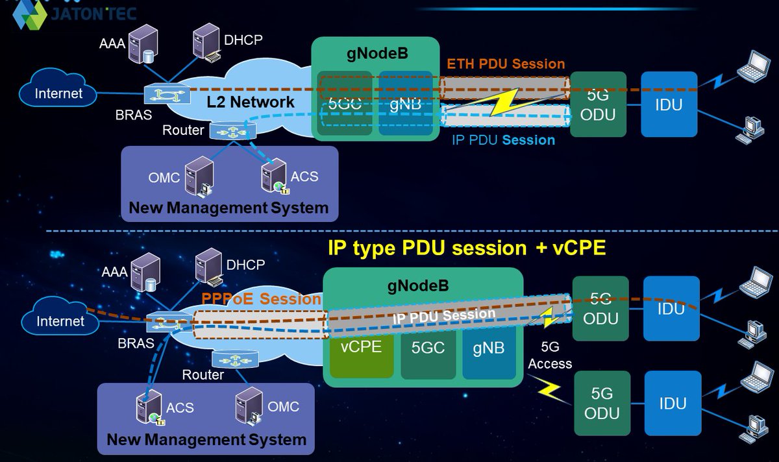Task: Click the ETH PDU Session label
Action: pyautogui.click(x=506, y=64)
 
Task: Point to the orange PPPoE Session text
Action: pyautogui.click(x=262, y=299)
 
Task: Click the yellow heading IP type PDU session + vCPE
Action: pyautogui.click(x=467, y=248)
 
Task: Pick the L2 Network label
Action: pyautogui.click(x=251, y=102)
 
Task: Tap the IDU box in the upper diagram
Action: pyautogui.click(x=669, y=104)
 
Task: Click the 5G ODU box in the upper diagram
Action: pyautogui.click(x=598, y=104)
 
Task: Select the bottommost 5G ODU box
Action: pyautogui.click(x=602, y=403)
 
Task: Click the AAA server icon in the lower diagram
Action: pyautogui.click(x=145, y=273)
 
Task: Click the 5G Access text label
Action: pyautogui.click(x=550, y=357)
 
